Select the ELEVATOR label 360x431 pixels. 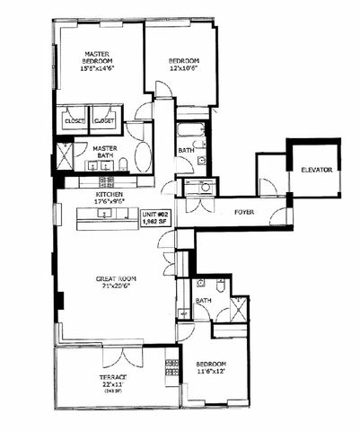[x=317, y=169]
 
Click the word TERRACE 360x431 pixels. [x=112, y=376]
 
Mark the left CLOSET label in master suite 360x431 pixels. [x=74, y=120]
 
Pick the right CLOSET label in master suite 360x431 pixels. [x=104, y=120]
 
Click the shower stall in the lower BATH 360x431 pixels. [x=240, y=307]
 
